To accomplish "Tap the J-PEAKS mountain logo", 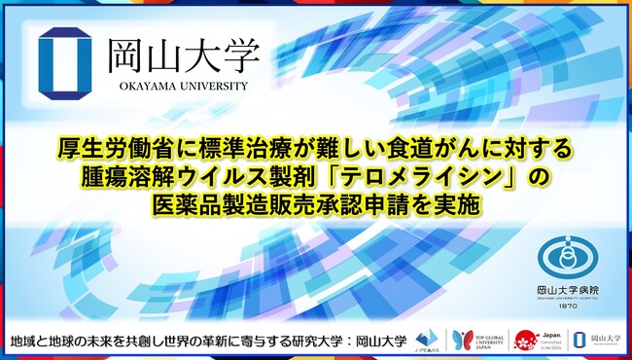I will coord(425,338).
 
